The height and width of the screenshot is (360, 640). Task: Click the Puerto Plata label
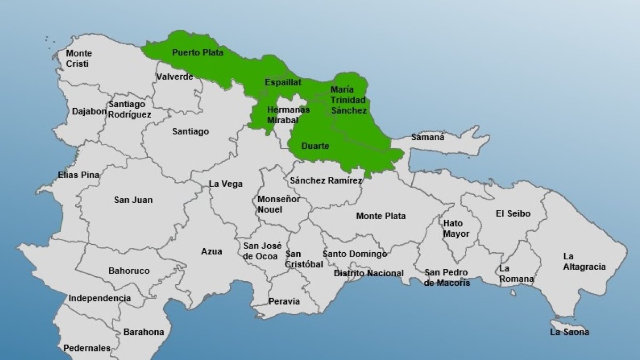click(x=197, y=53)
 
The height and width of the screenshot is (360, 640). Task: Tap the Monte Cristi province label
click(x=78, y=59)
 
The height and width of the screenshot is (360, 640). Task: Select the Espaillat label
click(x=283, y=83)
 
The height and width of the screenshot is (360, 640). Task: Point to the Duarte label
click(x=315, y=146)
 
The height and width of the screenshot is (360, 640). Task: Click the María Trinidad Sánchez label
click(x=348, y=100)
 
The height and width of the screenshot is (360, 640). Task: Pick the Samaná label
click(x=427, y=137)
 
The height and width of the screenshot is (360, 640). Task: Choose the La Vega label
click(x=226, y=184)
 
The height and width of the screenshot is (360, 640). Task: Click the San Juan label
click(x=133, y=200)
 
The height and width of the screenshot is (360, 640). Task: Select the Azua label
click(x=212, y=251)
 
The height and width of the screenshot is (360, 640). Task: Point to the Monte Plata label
click(x=381, y=216)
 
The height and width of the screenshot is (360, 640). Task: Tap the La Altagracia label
click(x=585, y=261)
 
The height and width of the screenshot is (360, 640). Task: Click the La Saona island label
click(x=570, y=332)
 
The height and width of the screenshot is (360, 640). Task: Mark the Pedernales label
click(x=87, y=348)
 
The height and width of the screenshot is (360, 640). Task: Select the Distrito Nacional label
click(x=369, y=273)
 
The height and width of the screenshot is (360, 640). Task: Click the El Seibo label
click(x=513, y=213)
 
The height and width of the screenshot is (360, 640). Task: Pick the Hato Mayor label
click(x=456, y=228)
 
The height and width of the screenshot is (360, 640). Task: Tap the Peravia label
click(x=284, y=301)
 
